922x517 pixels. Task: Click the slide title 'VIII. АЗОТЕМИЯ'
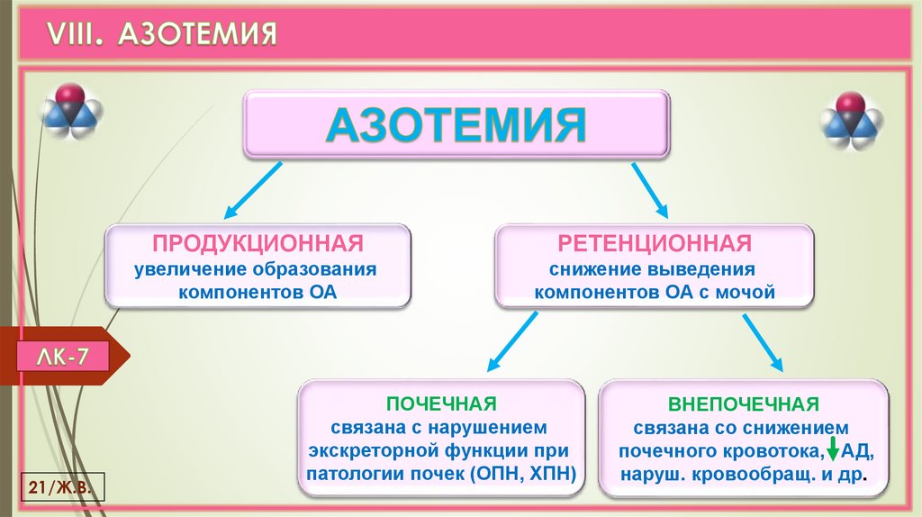[161, 33]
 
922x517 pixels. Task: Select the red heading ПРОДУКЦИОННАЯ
[258, 243]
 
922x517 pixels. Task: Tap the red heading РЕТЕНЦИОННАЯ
[654, 243]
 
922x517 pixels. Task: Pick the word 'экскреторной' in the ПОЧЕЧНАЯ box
[364, 450]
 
